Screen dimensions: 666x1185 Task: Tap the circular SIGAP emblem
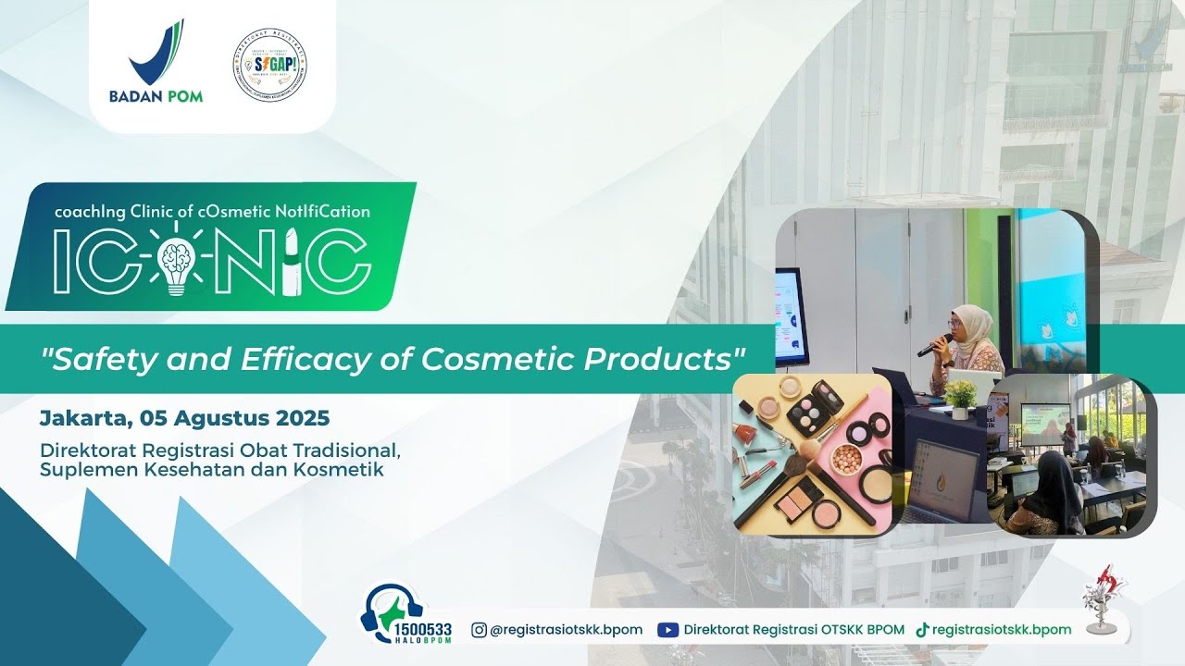269,64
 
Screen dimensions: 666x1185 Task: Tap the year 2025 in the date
303,418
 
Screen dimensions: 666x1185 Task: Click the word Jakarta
84,418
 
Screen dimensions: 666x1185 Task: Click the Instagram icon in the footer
480,630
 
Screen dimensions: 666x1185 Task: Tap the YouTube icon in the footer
667,630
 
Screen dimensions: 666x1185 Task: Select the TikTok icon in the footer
922,630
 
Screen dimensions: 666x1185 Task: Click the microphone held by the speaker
933,345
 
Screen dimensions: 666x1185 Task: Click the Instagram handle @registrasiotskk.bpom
566,630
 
